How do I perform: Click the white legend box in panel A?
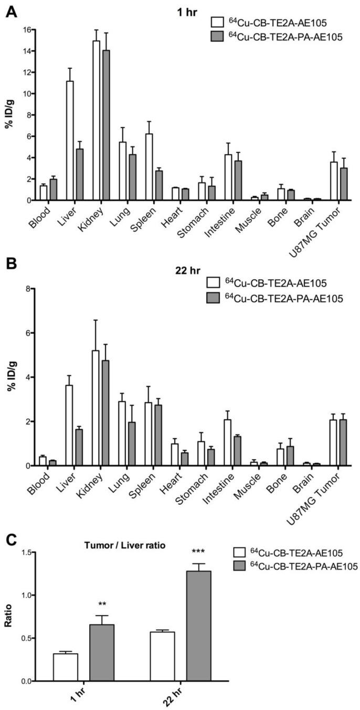point(216,23)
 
